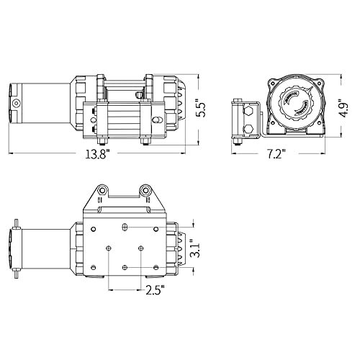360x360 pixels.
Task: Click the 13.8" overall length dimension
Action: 98,154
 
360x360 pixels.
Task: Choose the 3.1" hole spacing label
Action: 195,248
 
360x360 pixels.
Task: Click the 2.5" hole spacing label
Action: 156,290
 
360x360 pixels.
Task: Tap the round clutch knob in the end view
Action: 296,104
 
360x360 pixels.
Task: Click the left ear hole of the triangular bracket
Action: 102,191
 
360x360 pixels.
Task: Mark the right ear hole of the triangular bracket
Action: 145,191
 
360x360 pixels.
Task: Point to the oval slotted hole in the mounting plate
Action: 125,227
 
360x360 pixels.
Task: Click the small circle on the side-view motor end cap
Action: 16,104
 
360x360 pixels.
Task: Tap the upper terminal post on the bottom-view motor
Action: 16,225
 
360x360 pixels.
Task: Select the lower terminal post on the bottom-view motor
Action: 16,273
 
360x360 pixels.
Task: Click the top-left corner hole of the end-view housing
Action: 273,84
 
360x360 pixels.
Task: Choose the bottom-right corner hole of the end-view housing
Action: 320,123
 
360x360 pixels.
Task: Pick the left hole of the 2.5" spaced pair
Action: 109,248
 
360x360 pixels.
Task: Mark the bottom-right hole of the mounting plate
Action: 156,267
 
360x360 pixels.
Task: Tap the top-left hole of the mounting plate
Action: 94,229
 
